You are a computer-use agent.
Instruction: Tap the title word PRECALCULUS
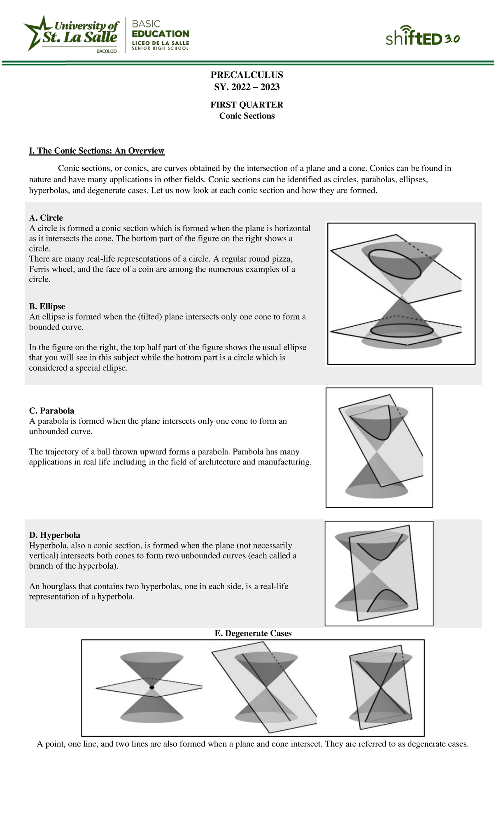tap(247, 75)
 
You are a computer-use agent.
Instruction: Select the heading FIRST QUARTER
tap(247, 105)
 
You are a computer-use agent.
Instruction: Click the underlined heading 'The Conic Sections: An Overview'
tap(97, 151)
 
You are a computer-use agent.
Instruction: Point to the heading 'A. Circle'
tap(46, 218)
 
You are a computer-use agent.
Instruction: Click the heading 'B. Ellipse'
tap(47, 307)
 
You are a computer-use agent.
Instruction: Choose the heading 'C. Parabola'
tap(51, 411)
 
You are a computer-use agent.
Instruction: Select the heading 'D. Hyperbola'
tap(54, 535)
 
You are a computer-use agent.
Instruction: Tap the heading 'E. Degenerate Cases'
tap(253, 633)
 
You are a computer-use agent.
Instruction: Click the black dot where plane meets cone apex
tap(152, 688)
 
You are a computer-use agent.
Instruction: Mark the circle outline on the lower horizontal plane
tap(401, 331)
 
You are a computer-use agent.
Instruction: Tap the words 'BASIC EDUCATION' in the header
tap(160, 29)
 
